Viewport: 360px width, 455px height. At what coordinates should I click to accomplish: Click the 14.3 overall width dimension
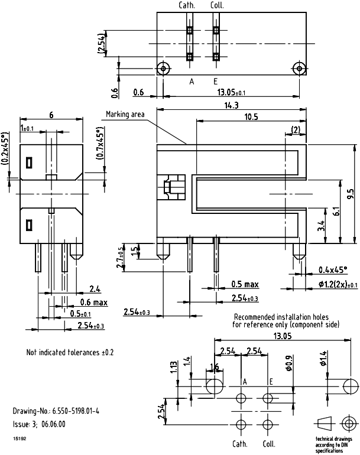[232, 106]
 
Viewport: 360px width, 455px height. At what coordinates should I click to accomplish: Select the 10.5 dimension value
[251, 117]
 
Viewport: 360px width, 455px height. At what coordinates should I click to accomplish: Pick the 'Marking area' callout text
[125, 114]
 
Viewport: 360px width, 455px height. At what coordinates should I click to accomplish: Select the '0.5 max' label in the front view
[245, 284]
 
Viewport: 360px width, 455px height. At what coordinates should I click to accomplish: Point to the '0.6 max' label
[91, 303]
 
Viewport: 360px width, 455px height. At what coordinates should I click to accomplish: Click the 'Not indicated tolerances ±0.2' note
[70, 352]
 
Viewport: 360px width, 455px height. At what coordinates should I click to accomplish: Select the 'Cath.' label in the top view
[187, 5]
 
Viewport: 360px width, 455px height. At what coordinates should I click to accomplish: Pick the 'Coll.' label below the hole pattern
[269, 444]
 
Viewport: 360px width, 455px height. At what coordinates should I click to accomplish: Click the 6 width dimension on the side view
[51, 115]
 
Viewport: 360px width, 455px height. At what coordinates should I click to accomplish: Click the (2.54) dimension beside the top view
[102, 43]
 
